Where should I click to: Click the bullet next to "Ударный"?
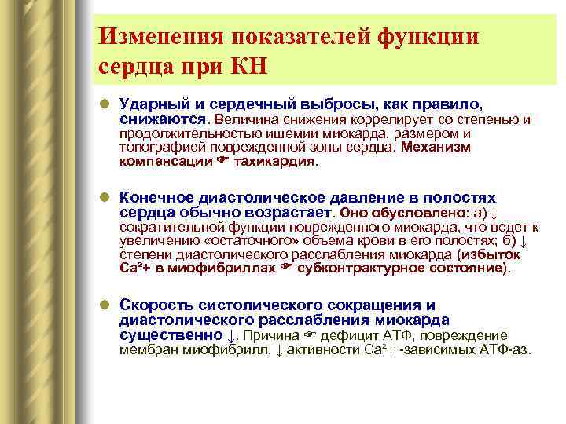click(105, 104)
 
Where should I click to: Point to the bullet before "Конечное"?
click(105, 198)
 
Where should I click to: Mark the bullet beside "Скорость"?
click(105, 305)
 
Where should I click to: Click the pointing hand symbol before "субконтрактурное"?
click(287, 268)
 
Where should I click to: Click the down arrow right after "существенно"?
click(230, 335)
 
